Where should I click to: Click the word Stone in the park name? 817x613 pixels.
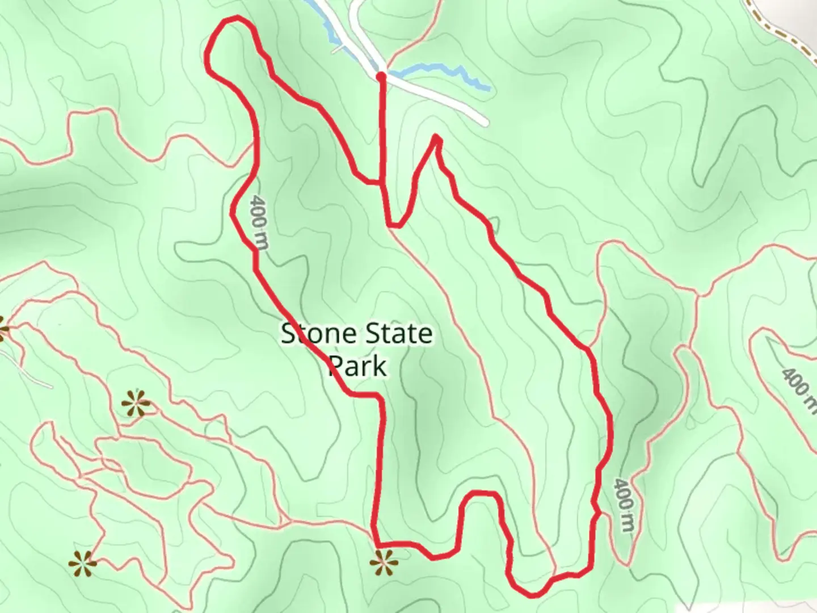[317, 334]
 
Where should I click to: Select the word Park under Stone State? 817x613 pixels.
[358, 366]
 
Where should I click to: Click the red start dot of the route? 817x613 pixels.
[381, 75]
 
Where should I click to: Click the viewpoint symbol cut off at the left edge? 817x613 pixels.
[3, 329]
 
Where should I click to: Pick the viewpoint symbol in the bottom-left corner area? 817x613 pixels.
[82, 563]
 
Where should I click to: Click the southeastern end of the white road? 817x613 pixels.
[483, 121]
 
